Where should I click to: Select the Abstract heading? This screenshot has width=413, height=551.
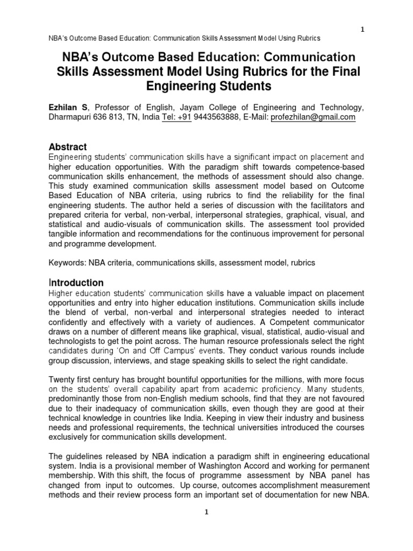(68, 147)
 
